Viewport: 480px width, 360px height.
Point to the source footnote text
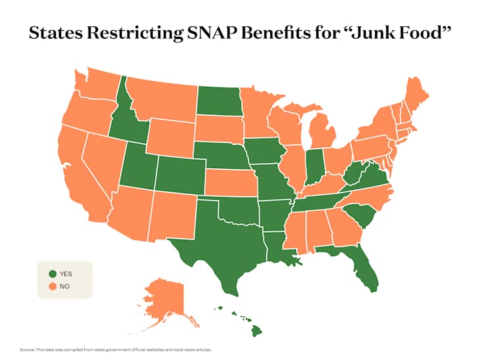pos(116,349)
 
